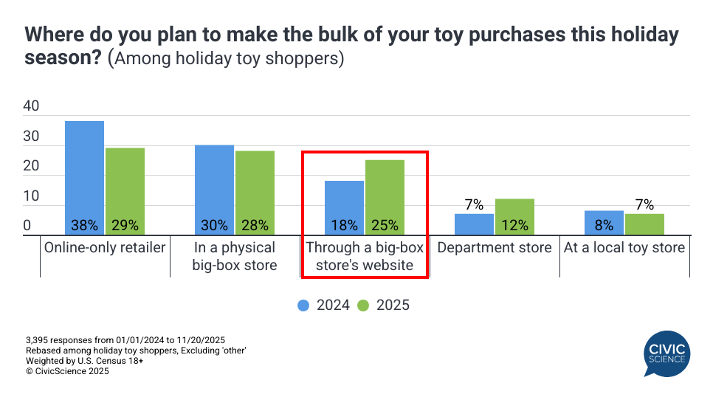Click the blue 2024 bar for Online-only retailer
pyautogui.click(x=84, y=177)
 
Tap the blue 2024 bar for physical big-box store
pyautogui.click(x=214, y=189)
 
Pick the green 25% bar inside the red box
pyautogui.click(x=385, y=196)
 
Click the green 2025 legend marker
pyautogui.click(x=362, y=305)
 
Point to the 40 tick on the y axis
pyautogui.click(x=31, y=106)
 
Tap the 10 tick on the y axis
pyautogui.click(x=31, y=196)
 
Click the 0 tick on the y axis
pyautogui.click(x=27, y=226)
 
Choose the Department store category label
pyautogui.click(x=495, y=247)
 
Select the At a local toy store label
pyautogui.click(x=624, y=247)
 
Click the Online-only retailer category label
pyautogui.click(x=105, y=247)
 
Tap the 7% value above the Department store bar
pyautogui.click(x=474, y=204)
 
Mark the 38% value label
pyautogui.click(x=84, y=226)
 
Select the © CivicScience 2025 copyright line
pyautogui.click(x=67, y=372)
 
